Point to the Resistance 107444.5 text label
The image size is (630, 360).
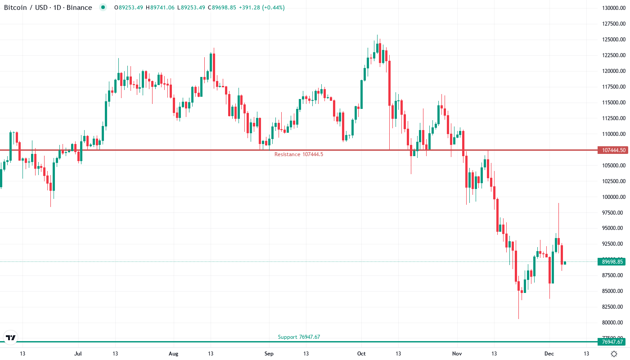point(299,154)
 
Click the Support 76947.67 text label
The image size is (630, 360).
point(299,337)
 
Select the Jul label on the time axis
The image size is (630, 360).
point(78,354)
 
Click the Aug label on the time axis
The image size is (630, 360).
point(173,354)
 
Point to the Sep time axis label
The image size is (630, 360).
point(269,354)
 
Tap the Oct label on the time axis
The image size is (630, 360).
point(361,354)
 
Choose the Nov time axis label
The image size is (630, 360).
point(457,354)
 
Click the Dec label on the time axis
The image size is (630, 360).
point(549,354)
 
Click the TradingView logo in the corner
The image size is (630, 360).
point(10,337)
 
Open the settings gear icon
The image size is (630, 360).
point(613,354)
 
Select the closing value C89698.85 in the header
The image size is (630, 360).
point(225,8)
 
